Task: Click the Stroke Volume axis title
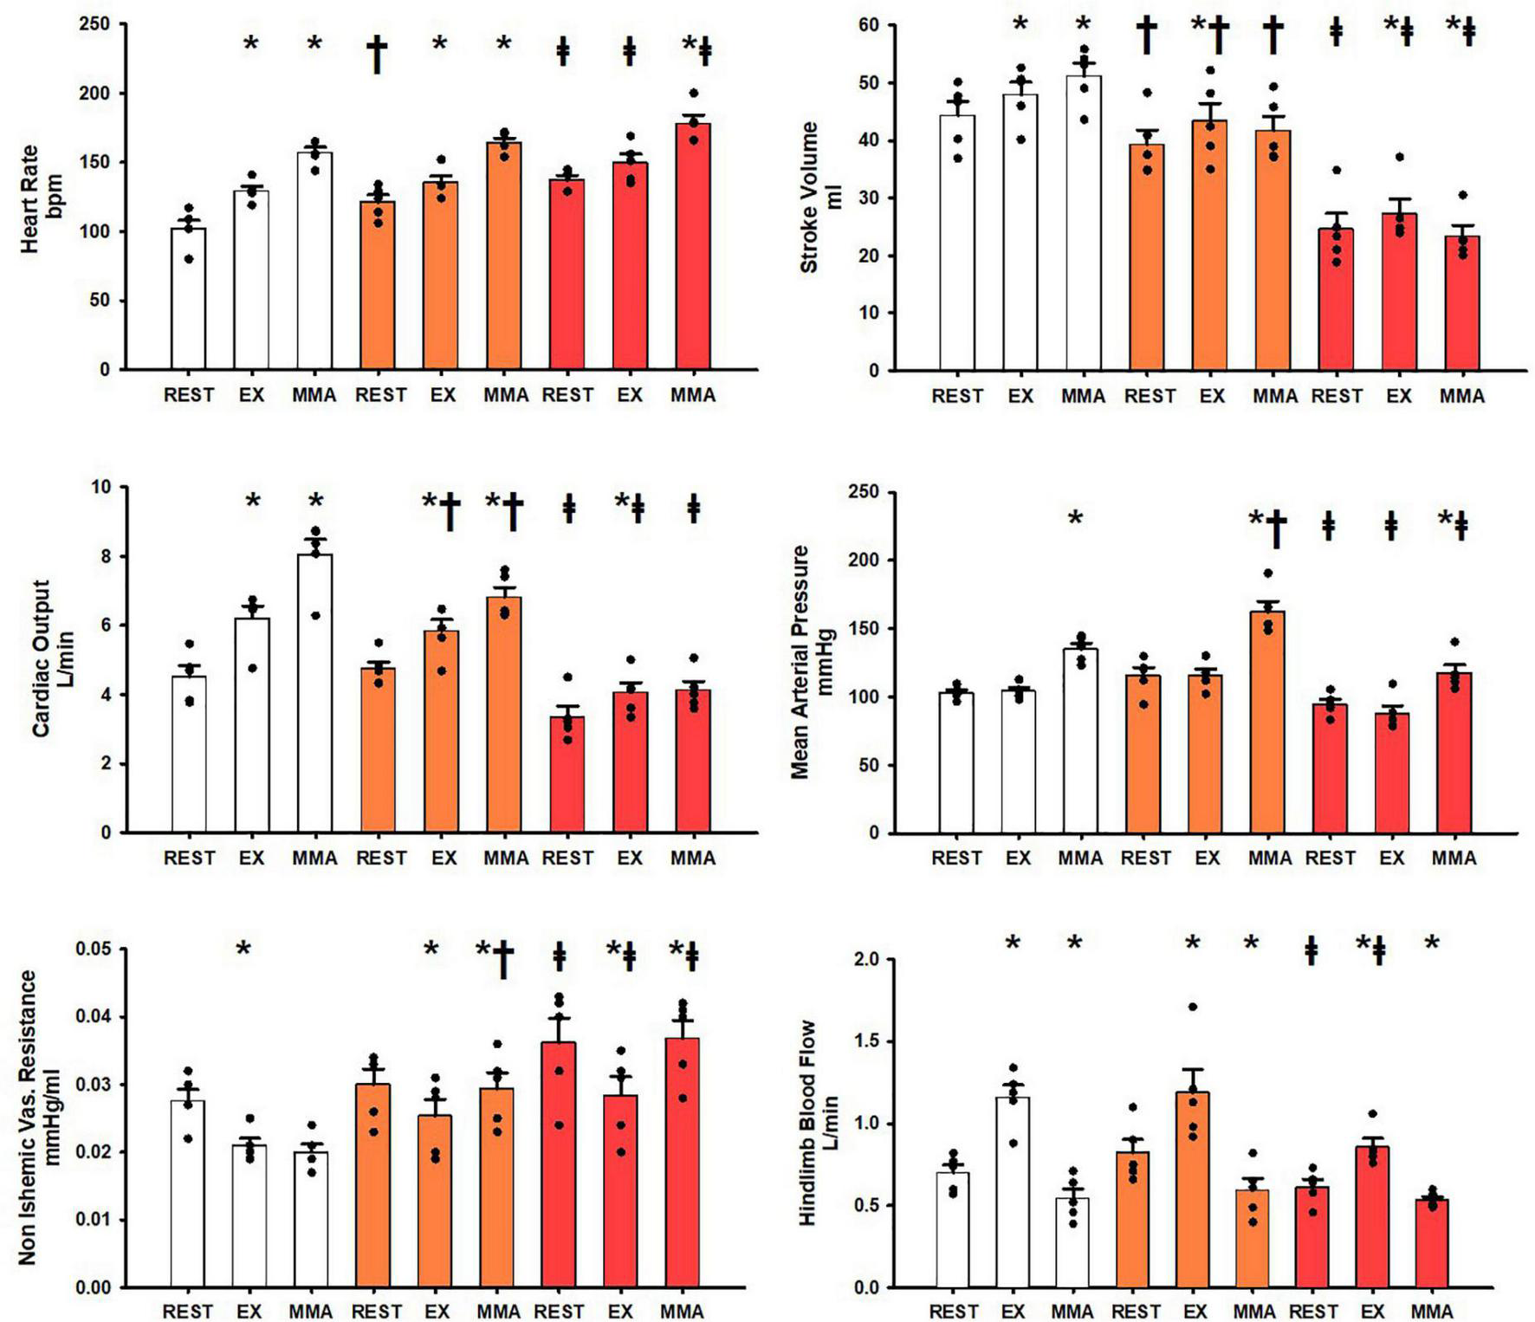tap(819, 198)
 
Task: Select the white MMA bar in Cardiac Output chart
tap(314, 693)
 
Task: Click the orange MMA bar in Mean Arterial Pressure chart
tap(1267, 723)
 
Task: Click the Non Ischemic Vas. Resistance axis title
tap(39, 1118)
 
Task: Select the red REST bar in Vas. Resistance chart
tap(558, 1165)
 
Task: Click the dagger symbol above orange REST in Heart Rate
tap(377, 54)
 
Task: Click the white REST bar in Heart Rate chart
tap(188, 299)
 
